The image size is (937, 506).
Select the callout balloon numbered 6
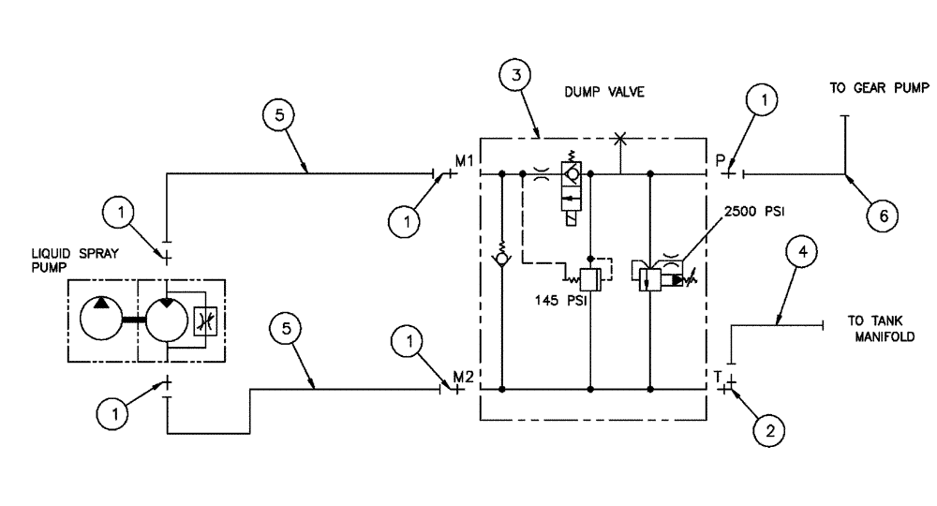pyautogui.click(x=881, y=215)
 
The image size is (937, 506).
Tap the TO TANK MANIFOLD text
pyautogui.click(x=880, y=326)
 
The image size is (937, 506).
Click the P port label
pyautogui.click(x=721, y=160)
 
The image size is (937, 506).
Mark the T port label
pyautogui.click(x=719, y=376)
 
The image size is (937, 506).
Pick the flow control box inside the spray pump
pyautogui.click(x=205, y=320)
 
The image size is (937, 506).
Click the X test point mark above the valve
pyautogui.click(x=618, y=140)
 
